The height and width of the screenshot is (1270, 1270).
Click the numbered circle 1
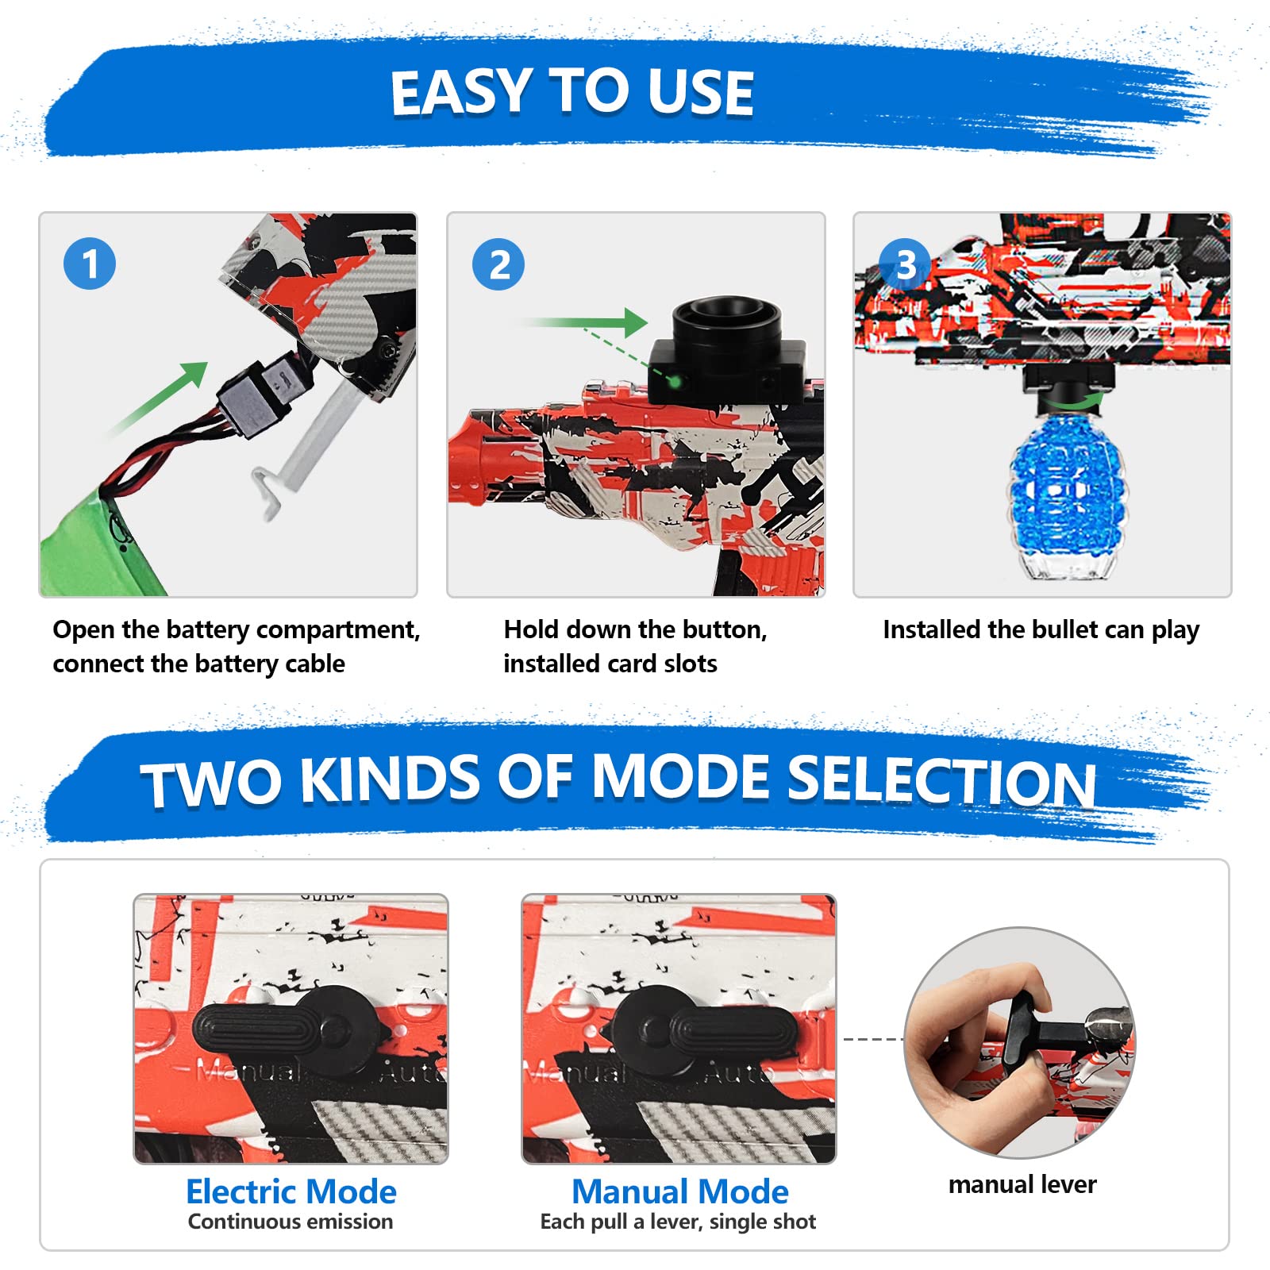point(90,264)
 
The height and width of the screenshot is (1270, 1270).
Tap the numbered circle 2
point(498,264)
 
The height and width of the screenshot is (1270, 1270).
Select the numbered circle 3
point(905,264)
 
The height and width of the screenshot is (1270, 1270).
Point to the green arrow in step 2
point(583,322)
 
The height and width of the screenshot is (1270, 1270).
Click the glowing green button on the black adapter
point(675,382)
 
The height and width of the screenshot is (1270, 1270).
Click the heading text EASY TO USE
point(571,93)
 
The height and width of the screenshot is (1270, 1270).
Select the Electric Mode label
point(291,1191)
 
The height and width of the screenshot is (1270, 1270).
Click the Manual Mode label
point(680,1191)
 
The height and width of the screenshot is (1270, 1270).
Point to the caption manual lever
point(1022,1184)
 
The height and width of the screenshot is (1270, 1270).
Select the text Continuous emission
point(291,1222)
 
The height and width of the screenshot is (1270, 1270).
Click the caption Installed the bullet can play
point(1041,630)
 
